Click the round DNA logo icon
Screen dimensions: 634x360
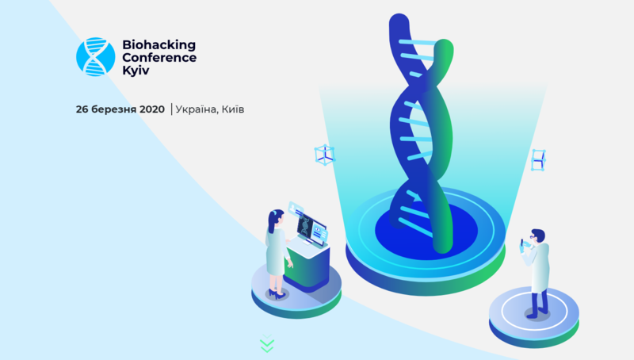tap(95, 56)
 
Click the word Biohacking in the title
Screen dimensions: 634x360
tap(159, 45)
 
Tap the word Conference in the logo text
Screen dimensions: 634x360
tap(159, 57)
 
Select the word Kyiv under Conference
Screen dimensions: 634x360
tap(136, 71)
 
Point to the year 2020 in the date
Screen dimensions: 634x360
tap(152, 109)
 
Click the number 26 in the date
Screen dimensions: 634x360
tap(82, 109)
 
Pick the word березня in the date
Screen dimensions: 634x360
tap(113, 109)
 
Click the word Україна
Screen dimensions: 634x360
tap(197, 109)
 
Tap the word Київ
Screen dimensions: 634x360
tap(233, 109)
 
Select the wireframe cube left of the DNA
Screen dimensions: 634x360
tap(325, 155)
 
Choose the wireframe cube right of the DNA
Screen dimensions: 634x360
tap(538, 160)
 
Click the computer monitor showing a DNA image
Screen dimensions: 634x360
tap(311, 229)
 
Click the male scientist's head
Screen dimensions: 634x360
tap(538, 236)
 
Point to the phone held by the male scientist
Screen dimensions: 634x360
tap(522, 243)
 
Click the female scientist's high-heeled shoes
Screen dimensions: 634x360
tap(277, 294)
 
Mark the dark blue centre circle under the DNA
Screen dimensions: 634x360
tap(426, 230)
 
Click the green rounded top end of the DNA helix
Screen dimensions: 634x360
tap(444, 48)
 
